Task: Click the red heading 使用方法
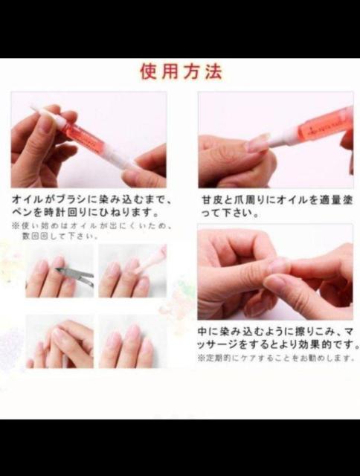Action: pos(181,72)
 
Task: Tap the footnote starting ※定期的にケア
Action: pos(272,358)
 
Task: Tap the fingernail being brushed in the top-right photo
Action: pos(257,143)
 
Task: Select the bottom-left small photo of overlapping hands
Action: pos(60,341)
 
